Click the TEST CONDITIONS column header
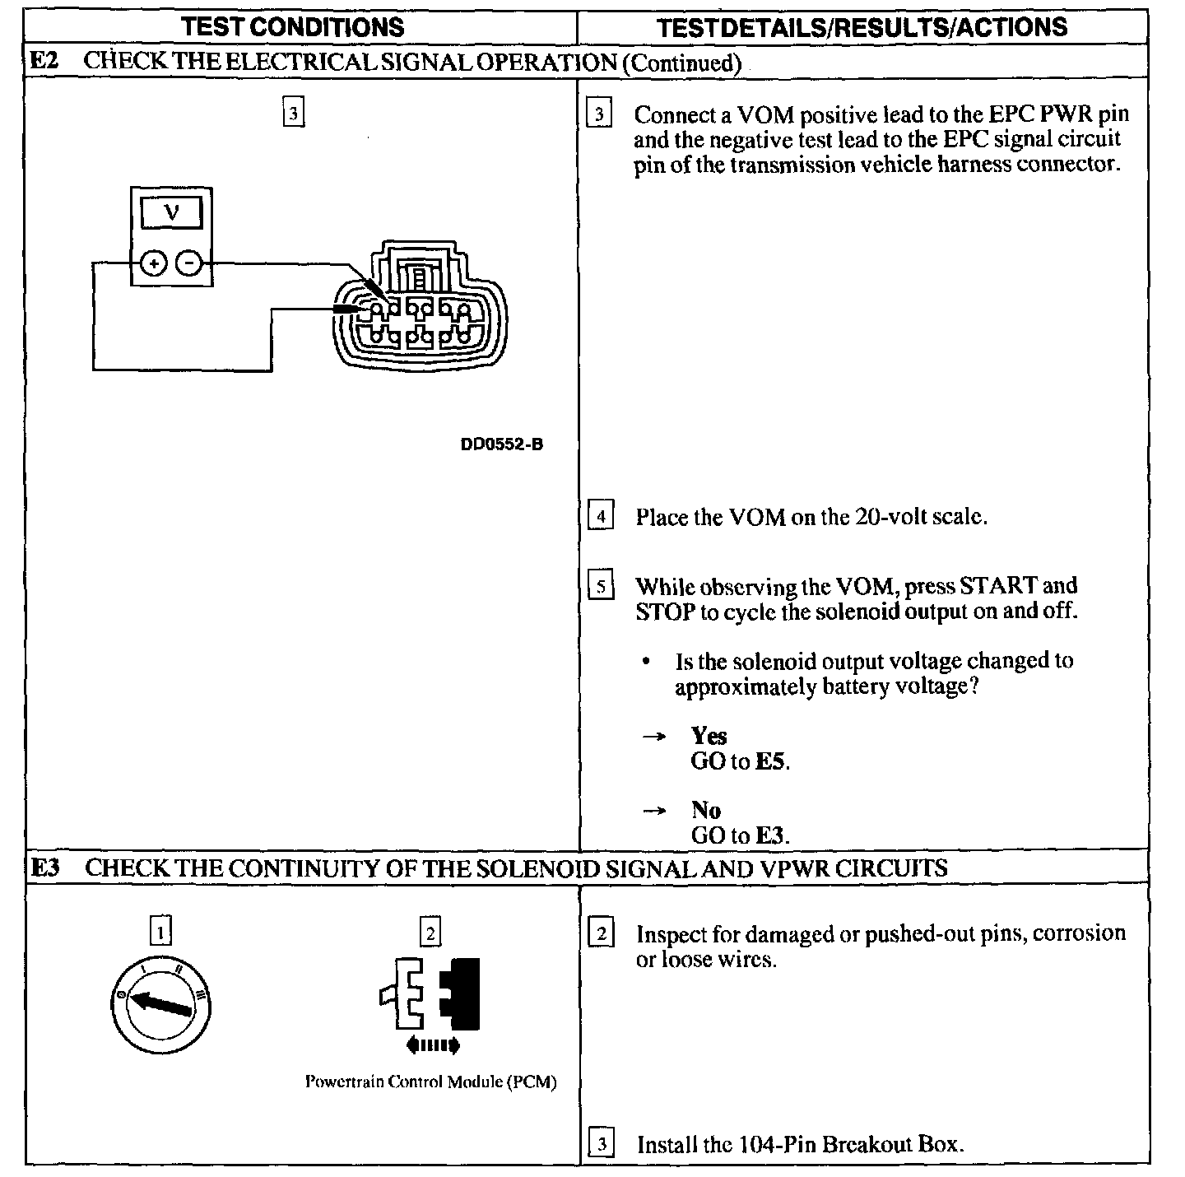point(293,26)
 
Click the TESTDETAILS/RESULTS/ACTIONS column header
point(862,26)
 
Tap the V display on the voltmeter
point(171,213)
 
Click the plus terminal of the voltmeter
point(154,264)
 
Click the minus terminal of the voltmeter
point(190,264)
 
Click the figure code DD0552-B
point(502,444)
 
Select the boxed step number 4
point(601,517)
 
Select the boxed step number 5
point(601,587)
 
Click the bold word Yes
point(709,736)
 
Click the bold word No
point(706,810)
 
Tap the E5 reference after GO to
point(770,761)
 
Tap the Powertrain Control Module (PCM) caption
point(430,1082)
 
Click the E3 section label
point(45,868)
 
